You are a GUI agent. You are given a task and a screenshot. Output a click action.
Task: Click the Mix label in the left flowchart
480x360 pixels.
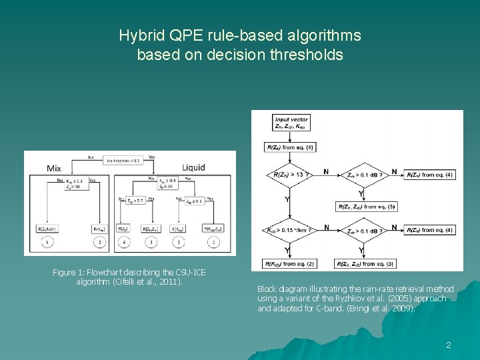click(54, 169)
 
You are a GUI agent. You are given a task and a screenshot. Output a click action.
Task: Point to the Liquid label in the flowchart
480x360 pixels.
click(193, 167)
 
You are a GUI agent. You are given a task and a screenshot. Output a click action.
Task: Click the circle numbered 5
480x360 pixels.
click(47, 243)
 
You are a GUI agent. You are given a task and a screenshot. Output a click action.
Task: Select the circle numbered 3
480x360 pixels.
click(151, 243)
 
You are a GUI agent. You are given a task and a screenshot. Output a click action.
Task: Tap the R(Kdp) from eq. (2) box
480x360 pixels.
click(289, 264)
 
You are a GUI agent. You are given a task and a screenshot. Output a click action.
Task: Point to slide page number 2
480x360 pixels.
click(449, 345)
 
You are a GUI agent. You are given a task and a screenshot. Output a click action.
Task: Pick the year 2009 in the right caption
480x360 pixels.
click(402, 309)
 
